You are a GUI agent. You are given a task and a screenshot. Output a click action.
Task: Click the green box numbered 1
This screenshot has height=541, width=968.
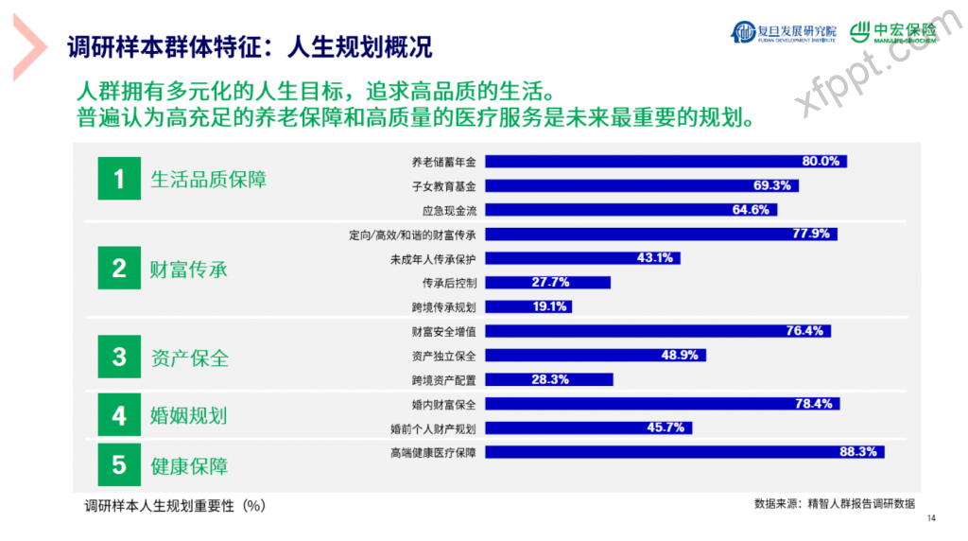coord(118,179)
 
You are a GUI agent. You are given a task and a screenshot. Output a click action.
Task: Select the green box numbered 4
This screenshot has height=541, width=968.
coord(118,415)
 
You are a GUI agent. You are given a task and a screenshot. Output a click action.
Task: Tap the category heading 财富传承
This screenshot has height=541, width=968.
coord(189,269)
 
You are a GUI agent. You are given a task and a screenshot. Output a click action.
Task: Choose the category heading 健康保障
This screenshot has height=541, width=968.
coord(189,465)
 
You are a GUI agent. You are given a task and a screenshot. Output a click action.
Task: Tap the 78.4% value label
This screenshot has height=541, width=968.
coord(814,404)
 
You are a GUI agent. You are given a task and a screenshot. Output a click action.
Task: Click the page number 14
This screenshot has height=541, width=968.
coord(931,517)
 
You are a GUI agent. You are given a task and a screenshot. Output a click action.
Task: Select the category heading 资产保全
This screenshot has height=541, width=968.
coord(189,358)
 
